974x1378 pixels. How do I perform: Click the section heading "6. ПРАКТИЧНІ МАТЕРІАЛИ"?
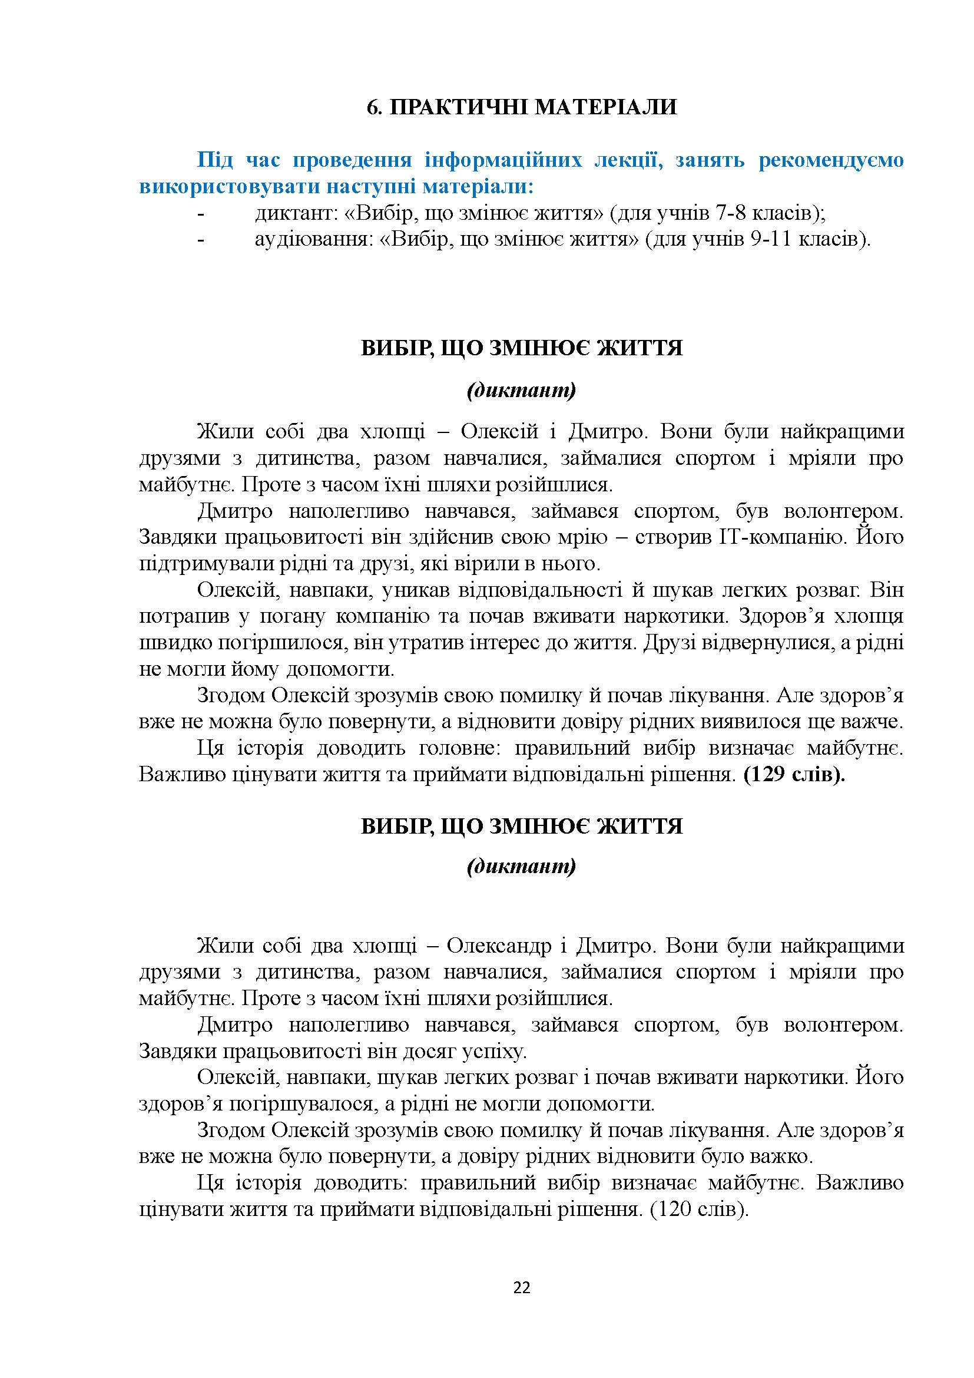point(521,107)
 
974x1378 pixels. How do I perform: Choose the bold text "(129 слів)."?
point(794,775)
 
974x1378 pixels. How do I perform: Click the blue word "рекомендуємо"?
point(831,161)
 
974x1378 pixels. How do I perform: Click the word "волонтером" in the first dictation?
point(843,511)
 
